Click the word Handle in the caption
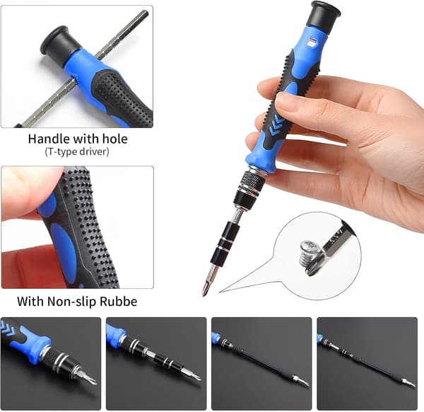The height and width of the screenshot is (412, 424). click(x=49, y=139)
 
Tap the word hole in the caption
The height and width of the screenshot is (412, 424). click(x=114, y=139)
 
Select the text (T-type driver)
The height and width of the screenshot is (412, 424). click(x=77, y=151)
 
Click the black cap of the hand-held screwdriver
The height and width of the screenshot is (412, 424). click(x=325, y=15)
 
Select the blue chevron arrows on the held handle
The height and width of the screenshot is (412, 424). click(x=276, y=124)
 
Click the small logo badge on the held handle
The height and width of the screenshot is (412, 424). click(x=313, y=42)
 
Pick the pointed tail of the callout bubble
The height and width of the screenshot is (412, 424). click(x=219, y=292)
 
